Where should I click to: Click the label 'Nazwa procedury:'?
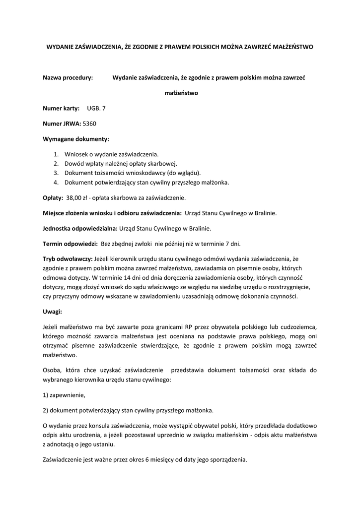[x=68, y=77]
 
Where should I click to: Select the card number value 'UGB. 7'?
[x=96, y=108]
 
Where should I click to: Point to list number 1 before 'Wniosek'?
[x=56, y=154]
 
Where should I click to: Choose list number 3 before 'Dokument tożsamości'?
[x=56, y=173]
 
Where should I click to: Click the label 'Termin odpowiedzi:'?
[x=70, y=244]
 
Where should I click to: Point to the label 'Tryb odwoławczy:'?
[x=68, y=259]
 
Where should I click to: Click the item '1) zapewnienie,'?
[x=64, y=395]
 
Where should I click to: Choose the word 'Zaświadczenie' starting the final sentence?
[x=62, y=459]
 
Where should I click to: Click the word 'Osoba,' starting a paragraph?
[x=53, y=370]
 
